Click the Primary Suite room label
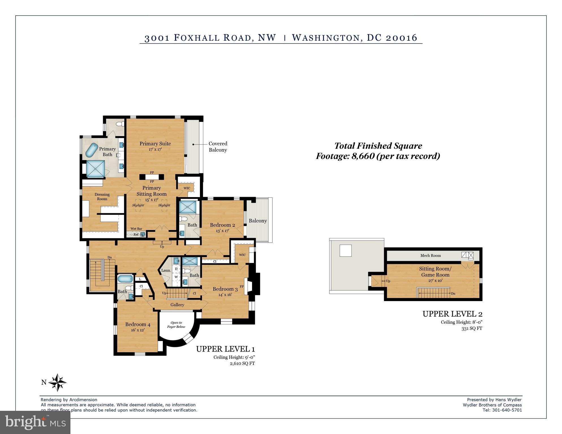(155, 144)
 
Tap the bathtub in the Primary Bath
(91, 150)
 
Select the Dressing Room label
(102, 197)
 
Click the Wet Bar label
(136, 229)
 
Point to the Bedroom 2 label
(222, 225)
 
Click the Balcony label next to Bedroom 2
(258, 221)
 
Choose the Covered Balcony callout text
(218, 147)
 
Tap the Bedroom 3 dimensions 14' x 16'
(225, 295)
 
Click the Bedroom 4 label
(138, 324)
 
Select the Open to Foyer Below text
(176, 325)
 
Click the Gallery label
(177, 305)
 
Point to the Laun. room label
(166, 270)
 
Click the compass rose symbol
(57, 382)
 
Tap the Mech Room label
(430, 256)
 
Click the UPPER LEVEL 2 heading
(452, 314)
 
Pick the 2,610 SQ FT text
(242, 364)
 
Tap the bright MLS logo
(35, 422)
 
